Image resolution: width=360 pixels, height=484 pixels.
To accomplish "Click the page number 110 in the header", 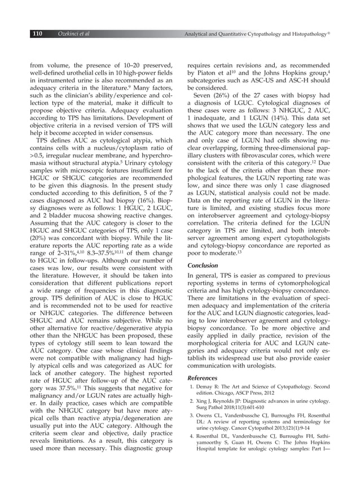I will (37, 35).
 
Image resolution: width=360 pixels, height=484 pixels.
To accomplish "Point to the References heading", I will (203, 377).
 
